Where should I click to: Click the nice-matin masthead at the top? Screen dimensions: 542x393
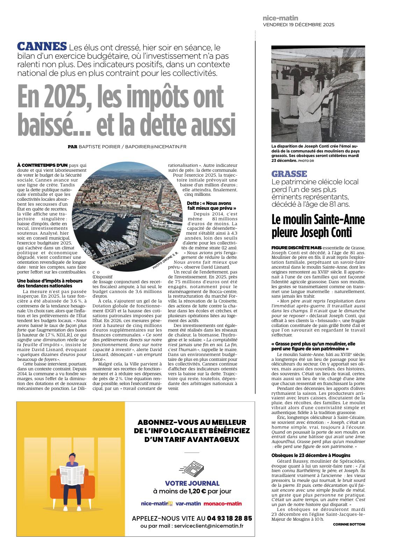click(x=280, y=18)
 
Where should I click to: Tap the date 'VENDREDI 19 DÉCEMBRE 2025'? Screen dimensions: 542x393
click(x=298, y=25)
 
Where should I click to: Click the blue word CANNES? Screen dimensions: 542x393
click(x=42, y=47)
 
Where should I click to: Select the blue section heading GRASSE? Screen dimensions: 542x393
click(x=289, y=174)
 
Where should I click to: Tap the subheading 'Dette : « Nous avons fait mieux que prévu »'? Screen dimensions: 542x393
click(x=212, y=206)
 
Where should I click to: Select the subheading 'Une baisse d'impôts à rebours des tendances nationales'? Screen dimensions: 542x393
click(x=50, y=283)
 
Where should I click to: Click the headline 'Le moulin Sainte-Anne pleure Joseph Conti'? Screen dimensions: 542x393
click(x=318, y=226)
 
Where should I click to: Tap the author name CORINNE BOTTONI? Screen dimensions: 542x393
click(x=349, y=525)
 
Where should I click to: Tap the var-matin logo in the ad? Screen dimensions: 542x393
click(x=188, y=504)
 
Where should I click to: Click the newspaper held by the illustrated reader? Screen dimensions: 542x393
click(x=72, y=475)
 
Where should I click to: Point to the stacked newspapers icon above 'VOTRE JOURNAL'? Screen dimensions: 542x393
click(x=193, y=469)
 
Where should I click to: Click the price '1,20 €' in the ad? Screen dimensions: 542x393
click(x=197, y=491)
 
